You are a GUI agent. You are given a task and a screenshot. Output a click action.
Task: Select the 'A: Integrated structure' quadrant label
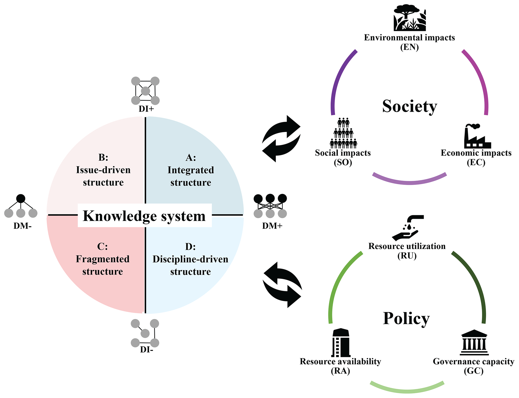click(x=191, y=170)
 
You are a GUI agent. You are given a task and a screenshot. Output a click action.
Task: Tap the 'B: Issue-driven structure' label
click(x=103, y=170)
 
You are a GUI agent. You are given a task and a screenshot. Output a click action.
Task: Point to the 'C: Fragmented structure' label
click(x=102, y=259)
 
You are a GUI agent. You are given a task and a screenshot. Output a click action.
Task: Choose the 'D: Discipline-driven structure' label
click(x=190, y=259)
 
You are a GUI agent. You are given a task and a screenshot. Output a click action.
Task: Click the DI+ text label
click(x=146, y=109)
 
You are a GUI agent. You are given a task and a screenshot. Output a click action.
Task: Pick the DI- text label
click(x=147, y=350)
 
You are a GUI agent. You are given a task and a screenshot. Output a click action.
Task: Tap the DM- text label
click(x=22, y=226)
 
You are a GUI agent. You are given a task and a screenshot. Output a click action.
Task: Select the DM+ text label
click(x=272, y=226)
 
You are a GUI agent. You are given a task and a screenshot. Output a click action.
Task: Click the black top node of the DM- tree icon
click(x=21, y=198)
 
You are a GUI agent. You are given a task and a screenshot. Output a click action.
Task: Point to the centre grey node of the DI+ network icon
click(x=145, y=91)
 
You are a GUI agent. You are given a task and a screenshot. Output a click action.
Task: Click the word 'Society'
click(x=410, y=106)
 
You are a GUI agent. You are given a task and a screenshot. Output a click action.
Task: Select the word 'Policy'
click(x=406, y=318)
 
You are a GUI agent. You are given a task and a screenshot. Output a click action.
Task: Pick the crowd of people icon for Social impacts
click(x=343, y=133)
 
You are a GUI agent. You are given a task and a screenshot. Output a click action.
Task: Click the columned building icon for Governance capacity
click(x=474, y=343)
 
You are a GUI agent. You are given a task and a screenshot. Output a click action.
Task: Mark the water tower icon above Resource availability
click(x=340, y=343)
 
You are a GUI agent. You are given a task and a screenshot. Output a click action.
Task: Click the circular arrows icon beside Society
click(x=281, y=139)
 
